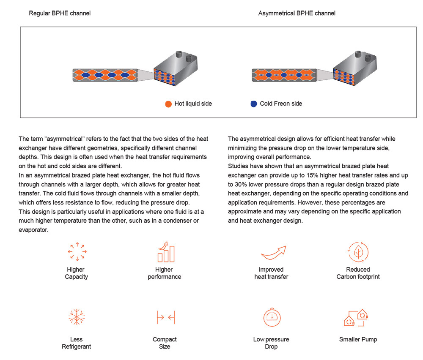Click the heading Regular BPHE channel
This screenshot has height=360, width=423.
[x=60, y=13]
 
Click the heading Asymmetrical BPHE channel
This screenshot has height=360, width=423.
[x=297, y=13]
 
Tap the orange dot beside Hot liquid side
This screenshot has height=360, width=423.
[x=168, y=104]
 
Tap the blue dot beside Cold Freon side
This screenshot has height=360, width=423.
[x=253, y=104]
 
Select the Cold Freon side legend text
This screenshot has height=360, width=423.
[x=281, y=104]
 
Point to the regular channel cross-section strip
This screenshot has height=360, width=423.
[x=105, y=75]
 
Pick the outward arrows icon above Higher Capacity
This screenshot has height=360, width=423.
[x=77, y=252]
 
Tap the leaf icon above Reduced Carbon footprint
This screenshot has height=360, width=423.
[x=358, y=252]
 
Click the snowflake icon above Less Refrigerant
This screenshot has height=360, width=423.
[x=77, y=317]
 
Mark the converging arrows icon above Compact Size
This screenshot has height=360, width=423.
[x=165, y=317]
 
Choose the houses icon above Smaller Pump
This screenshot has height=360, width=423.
[x=357, y=318]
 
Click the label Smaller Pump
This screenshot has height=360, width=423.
[x=358, y=339]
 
